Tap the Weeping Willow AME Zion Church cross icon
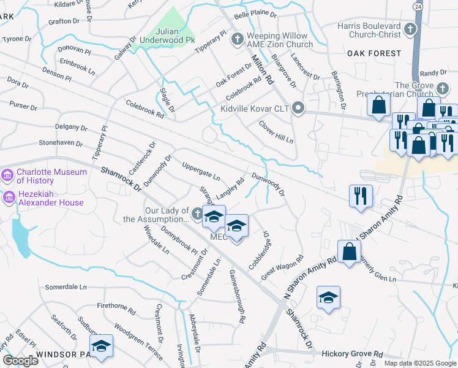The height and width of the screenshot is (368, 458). pos(238,40)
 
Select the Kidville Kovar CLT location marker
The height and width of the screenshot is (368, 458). pos(298,109)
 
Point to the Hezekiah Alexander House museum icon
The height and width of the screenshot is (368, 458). pos(8,197)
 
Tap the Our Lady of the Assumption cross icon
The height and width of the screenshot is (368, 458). pos(197,213)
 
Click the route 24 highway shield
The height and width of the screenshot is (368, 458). pos(418,6)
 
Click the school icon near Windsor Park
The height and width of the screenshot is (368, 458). pos(102,345)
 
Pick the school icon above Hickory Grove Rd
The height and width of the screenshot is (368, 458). pos(329,297)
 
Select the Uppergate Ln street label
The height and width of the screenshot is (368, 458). pos(201,171)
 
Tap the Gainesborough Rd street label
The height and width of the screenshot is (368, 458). pos(238,296)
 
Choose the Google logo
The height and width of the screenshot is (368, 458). pos(20,361)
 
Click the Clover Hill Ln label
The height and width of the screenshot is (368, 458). pos(276,131)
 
